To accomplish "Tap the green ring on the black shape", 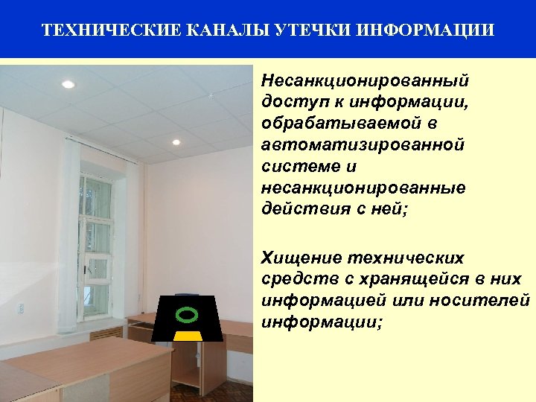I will click(188, 314).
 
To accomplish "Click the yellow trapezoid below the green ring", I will click(188, 336).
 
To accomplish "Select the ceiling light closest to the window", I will click(176, 141).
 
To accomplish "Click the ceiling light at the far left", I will click(67, 84).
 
